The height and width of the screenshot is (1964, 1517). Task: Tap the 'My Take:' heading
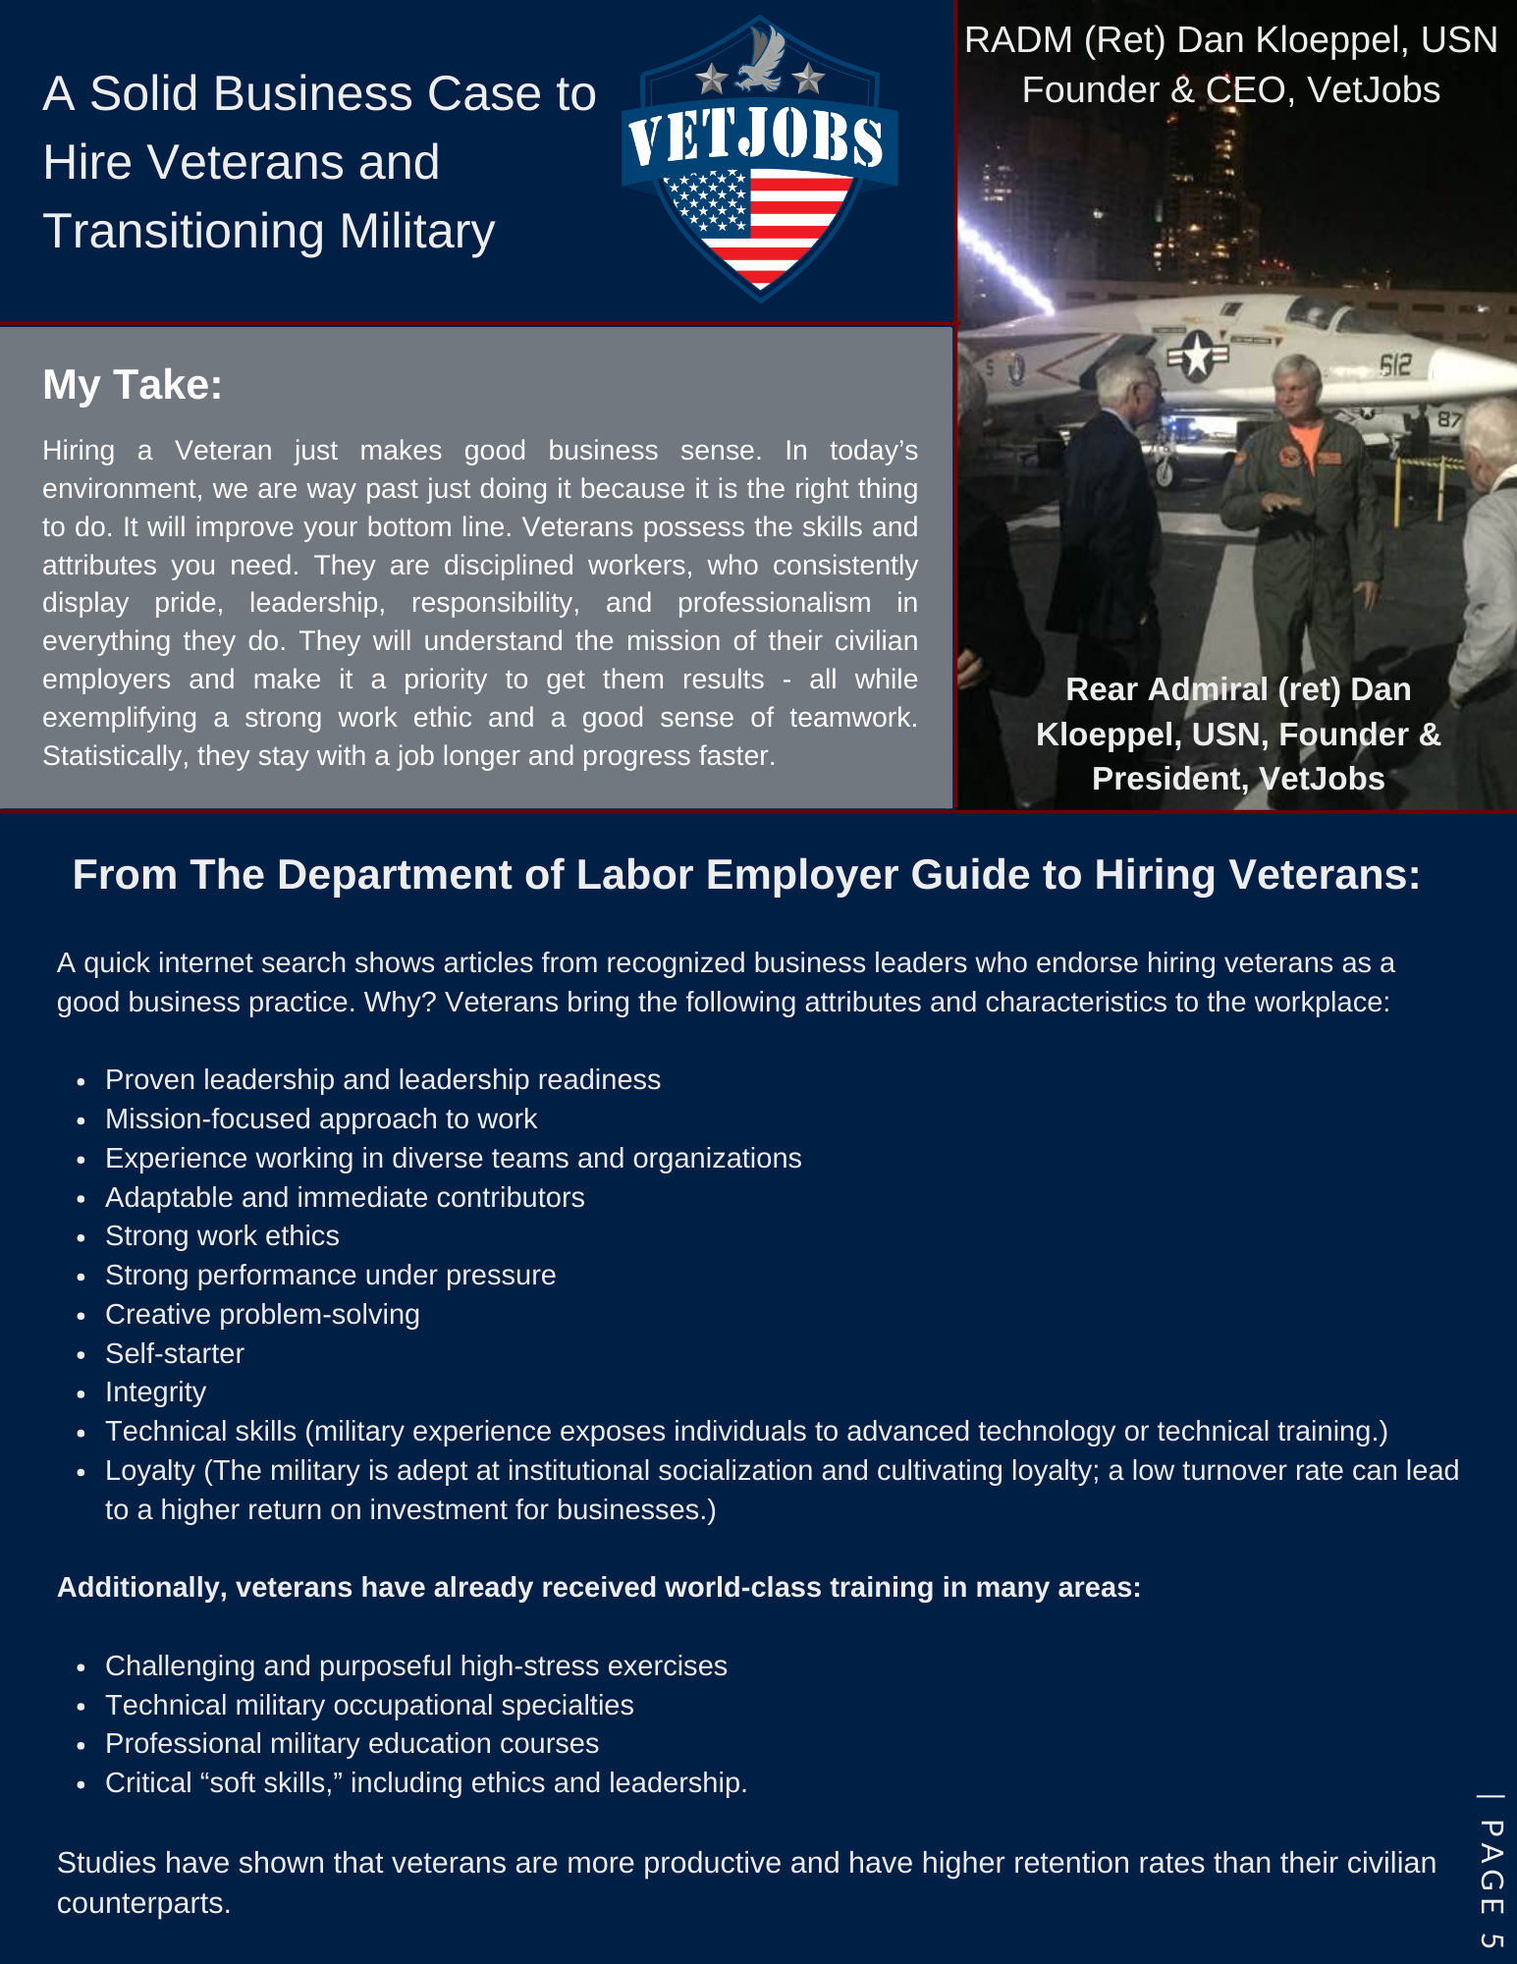point(133,385)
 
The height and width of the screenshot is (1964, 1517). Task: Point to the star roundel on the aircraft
point(1197,356)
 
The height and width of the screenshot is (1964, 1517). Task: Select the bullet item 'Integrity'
point(155,1392)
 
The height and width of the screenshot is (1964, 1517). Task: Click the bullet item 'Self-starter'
point(175,1353)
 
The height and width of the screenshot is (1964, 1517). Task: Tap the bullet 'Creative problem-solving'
point(262,1314)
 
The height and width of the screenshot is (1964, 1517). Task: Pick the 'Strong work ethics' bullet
point(222,1235)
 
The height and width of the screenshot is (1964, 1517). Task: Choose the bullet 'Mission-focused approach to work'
point(321,1118)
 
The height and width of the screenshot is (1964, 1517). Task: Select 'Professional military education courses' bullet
point(352,1743)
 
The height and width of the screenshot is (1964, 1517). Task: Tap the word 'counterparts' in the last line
point(141,1903)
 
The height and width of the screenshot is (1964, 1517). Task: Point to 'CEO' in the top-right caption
point(1247,90)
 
